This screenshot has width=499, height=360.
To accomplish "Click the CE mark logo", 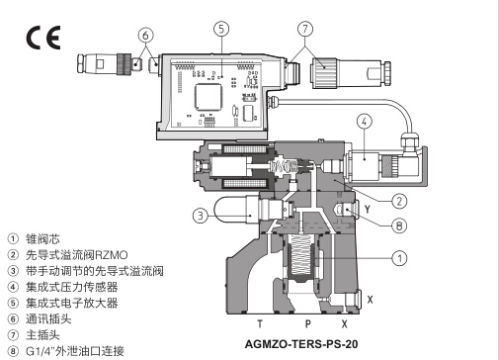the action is pos(43,38).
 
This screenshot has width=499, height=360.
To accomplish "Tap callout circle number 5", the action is pos(221,29).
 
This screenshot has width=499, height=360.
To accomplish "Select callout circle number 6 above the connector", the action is pos(145,35).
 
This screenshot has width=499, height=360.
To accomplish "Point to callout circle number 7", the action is pos(305,29).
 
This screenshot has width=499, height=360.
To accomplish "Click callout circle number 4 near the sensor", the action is pos(365,122).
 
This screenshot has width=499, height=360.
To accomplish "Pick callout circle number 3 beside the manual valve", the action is pos(201,216).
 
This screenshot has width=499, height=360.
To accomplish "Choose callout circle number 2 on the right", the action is pos(399,201).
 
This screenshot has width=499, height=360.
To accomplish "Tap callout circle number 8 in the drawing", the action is pos(399,225).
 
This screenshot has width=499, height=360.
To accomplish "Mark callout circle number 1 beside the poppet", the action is pos(399,258).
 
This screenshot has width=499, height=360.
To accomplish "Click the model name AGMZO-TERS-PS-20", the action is pos(301,344).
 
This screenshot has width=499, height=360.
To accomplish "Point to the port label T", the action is pos(260,324).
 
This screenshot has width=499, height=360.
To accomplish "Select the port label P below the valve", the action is pos(307,324).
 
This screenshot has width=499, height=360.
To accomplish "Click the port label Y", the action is pos(368,209).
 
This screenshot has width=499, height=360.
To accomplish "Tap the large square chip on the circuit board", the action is pos(208,96).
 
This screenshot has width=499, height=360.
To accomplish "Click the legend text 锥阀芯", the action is pos(42,239).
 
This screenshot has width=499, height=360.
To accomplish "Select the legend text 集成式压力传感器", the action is pos(72,287).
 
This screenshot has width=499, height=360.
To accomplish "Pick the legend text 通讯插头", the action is pos(48,318).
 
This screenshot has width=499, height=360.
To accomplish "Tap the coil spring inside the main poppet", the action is pos(301,255).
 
